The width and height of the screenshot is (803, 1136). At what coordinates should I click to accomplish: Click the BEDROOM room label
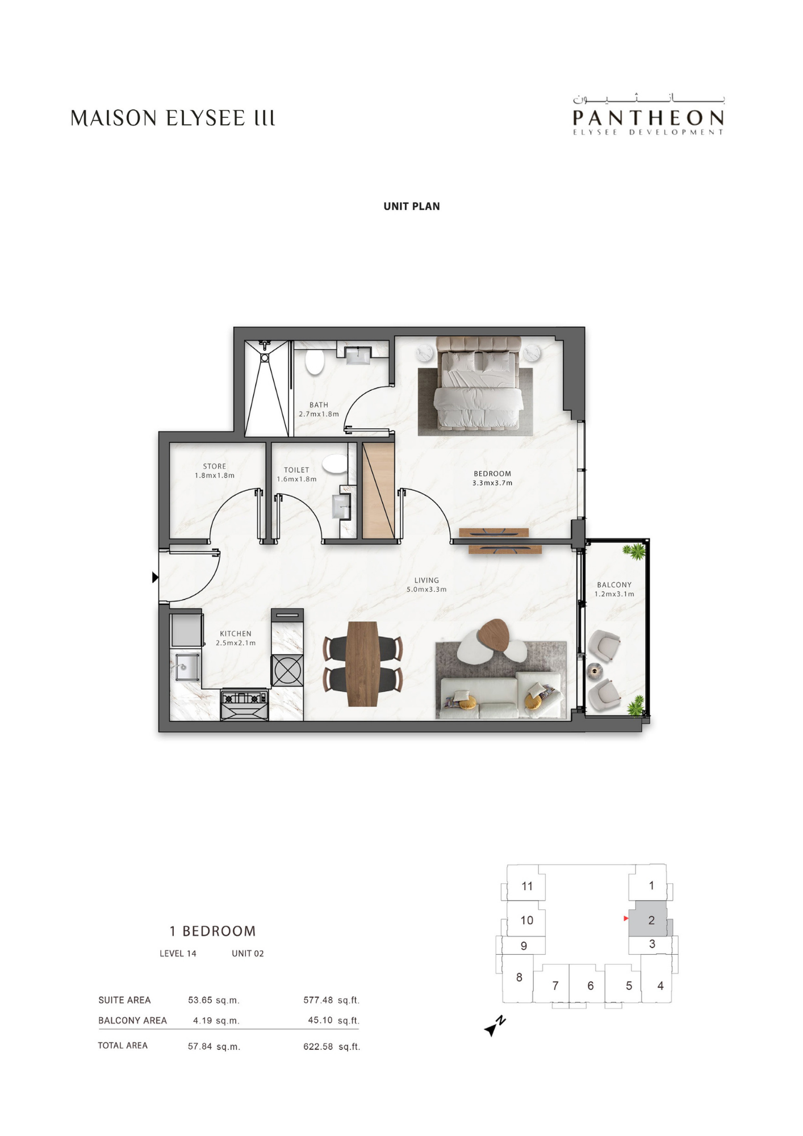tap(492, 474)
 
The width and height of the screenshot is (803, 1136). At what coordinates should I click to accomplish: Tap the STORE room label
tap(215, 466)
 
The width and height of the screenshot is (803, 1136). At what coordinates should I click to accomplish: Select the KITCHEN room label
tap(236, 634)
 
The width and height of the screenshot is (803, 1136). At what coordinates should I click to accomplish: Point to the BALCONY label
tap(614, 585)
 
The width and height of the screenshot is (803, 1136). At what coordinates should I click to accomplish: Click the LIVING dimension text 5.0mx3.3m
tap(426, 590)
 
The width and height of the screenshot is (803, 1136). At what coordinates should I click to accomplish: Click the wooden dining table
tap(363, 664)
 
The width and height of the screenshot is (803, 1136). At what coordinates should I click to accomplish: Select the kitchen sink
tap(185, 667)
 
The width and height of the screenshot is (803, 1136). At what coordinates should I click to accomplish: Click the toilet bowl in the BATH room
tap(314, 362)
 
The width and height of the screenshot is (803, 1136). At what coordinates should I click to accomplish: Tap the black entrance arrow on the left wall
tap(155, 578)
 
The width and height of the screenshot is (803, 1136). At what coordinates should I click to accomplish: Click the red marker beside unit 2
tap(626, 918)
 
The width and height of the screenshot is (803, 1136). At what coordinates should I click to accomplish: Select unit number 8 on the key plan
tap(519, 978)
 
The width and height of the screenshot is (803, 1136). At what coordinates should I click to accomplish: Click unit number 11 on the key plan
tap(527, 886)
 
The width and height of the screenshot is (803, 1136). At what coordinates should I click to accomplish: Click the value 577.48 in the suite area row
tap(318, 1000)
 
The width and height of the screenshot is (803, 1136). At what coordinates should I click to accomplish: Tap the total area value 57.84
tap(200, 1046)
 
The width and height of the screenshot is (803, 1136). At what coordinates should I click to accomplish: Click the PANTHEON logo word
tap(648, 118)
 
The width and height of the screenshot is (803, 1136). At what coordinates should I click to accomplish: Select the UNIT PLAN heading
tap(412, 206)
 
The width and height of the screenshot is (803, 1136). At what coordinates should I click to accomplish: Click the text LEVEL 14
tap(178, 954)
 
